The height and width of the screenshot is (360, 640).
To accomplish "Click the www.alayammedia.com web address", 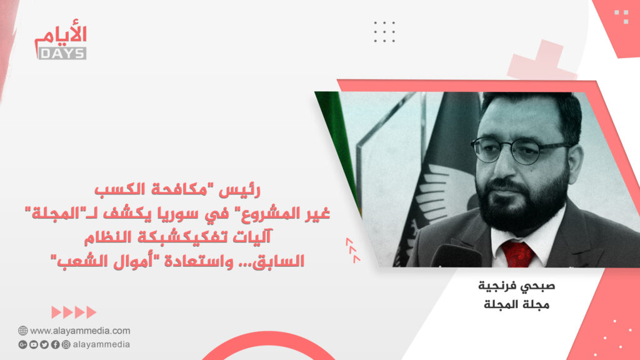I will pos(80,331).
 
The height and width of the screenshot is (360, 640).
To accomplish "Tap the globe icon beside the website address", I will pos(22,331).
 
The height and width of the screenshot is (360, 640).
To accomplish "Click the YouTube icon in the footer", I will pos(34,344).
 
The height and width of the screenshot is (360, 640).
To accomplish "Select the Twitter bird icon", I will pos(44,344).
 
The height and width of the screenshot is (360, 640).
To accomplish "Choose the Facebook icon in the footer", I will pos(55,344).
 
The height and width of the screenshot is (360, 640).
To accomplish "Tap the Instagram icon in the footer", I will pos(66,344).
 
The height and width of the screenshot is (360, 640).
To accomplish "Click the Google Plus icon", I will pos(23,344).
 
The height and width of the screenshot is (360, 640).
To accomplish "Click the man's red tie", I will pos(517,254).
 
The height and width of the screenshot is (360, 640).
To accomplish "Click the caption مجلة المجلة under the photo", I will pos(516,304).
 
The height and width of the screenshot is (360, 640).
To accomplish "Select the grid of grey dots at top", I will pos(384,31).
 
